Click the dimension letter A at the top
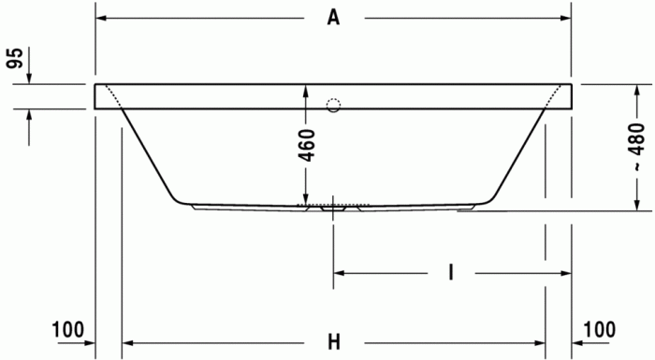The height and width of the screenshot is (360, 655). (332, 17)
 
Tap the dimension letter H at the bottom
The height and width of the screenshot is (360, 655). (333, 342)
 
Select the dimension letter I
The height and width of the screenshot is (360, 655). (451, 273)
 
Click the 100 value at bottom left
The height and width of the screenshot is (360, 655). (67, 329)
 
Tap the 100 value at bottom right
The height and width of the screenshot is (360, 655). (599, 329)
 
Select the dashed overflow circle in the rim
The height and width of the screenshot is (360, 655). (334, 106)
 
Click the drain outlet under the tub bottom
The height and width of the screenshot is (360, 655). (328, 209)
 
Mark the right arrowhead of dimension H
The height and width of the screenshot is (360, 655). (540, 342)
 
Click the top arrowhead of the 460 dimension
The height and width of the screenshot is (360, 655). (304, 91)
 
